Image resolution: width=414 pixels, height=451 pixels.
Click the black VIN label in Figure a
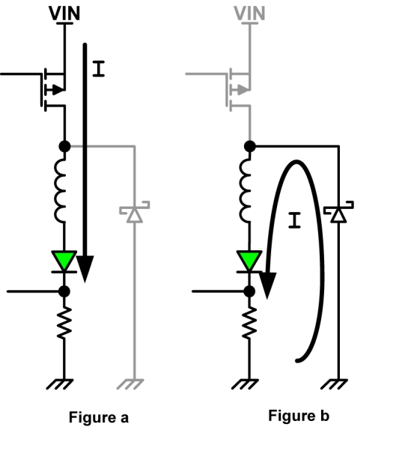64,13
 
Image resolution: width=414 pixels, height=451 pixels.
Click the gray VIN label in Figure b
249,13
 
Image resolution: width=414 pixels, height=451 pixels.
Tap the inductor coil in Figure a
61,190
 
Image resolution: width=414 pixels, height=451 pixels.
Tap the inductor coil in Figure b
246,190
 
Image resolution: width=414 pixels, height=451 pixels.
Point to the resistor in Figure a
64,323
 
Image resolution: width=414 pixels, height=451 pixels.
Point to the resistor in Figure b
249,323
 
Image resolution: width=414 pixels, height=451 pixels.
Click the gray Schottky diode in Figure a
135,212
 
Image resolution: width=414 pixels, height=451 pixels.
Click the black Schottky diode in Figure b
338,212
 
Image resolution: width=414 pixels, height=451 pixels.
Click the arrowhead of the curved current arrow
268,285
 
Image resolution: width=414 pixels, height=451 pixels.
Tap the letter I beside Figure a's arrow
99,69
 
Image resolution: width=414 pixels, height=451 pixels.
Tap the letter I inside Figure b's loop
294,220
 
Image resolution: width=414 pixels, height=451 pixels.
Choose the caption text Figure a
99,417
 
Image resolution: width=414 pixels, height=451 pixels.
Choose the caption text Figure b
299,416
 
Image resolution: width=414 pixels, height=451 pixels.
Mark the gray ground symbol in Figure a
130,384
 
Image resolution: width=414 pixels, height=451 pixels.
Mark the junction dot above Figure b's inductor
250,146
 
